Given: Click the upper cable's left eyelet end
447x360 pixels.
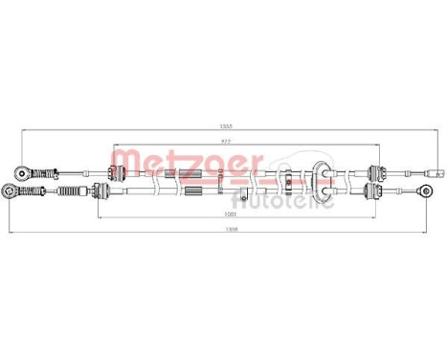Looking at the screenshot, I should click(x=22, y=172).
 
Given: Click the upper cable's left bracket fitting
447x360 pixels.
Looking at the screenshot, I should click(x=117, y=172).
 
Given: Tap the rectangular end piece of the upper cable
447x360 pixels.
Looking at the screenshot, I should click(x=436, y=173).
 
